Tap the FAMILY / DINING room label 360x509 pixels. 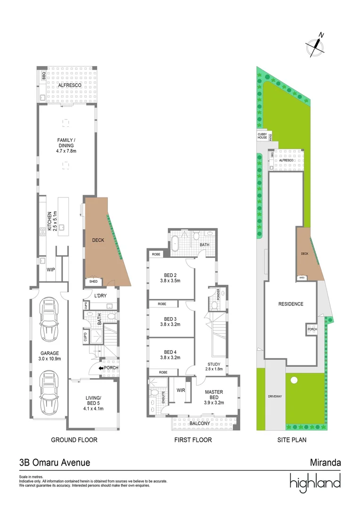pos(66,142)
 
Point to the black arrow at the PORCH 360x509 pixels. pos(101,368)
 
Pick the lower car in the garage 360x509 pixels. pos(49,392)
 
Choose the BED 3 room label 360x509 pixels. pos(170,319)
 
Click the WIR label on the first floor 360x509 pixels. pos(180,390)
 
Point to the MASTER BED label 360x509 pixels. pos(214,395)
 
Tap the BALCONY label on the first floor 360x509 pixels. pos(200,424)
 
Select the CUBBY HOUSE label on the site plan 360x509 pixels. pos(262,137)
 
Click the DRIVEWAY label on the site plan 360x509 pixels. pos(274,396)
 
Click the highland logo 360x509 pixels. pos(315,482)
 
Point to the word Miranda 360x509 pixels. pos(325,463)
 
